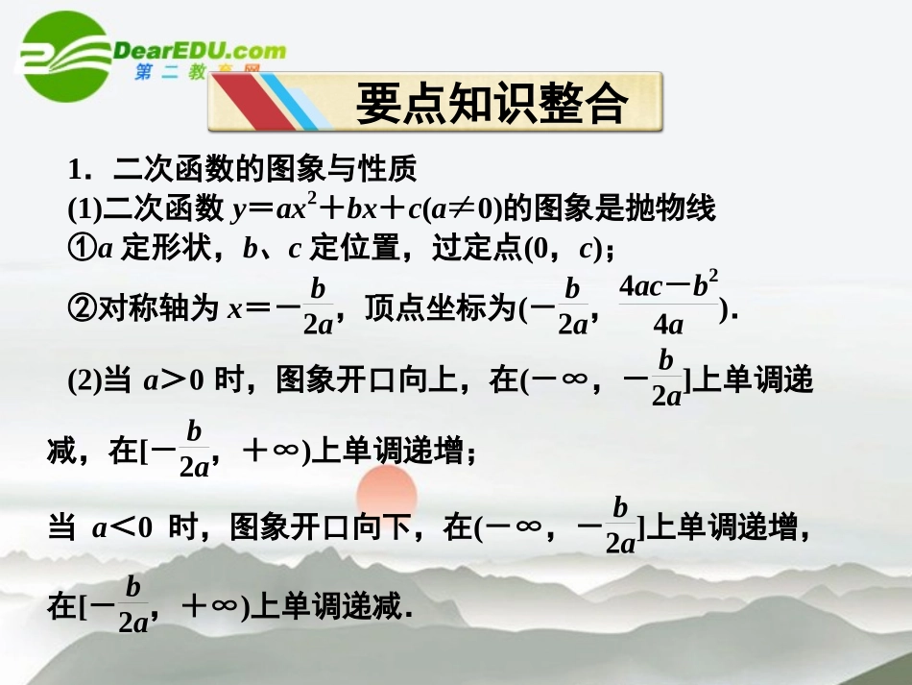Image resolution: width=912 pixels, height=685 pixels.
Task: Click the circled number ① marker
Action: (x=81, y=247)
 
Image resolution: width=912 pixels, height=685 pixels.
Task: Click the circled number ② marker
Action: (x=81, y=308)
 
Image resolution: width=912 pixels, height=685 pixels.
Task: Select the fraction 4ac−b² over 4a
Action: (x=668, y=304)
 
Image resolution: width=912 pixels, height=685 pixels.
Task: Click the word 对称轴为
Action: (x=158, y=308)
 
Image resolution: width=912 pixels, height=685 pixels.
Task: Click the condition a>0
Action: (x=174, y=380)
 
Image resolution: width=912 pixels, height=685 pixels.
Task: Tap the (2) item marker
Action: (x=84, y=380)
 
